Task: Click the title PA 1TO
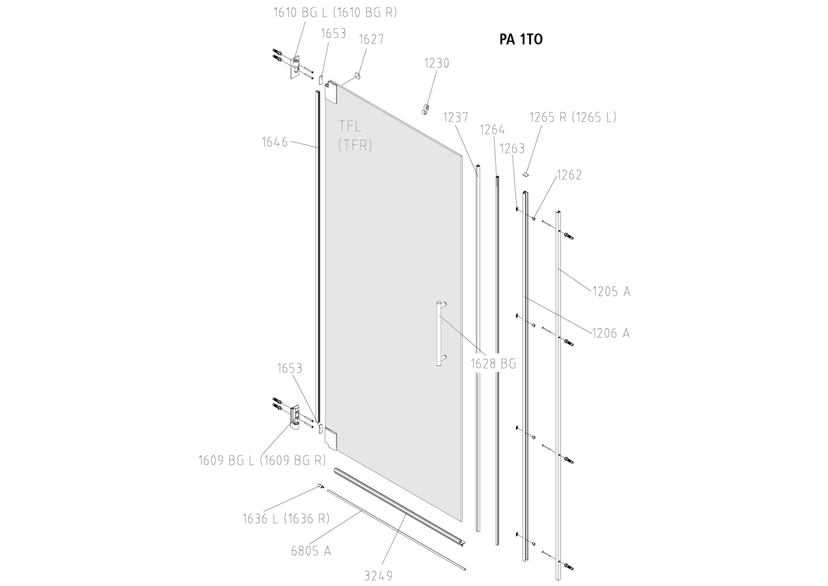(521, 40)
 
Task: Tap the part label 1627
(371, 39)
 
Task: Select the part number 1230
(437, 63)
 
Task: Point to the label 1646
(274, 142)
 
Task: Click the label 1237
(455, 118)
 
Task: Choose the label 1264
(492, 130)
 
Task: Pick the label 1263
(512, 149)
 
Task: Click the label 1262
(569, 175)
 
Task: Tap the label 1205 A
(611, 292)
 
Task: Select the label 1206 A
(611, 333)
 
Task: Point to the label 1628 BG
(493, 364)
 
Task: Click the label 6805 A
(310, 551)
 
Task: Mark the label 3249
(378, 576)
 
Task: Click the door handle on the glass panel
(440, 334)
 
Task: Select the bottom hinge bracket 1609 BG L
(295, 417)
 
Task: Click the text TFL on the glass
(350, 126)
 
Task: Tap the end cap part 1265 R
(526, 175)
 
